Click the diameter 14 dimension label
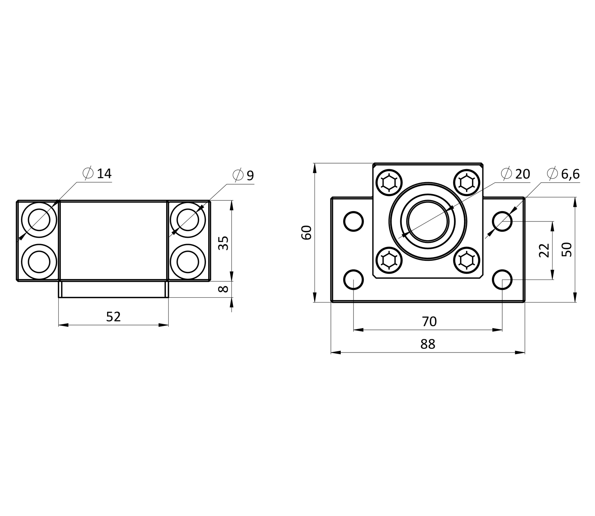click(97, 173)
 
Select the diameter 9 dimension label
click(243, 175)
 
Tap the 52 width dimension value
click(113, 317)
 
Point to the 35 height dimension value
click(223, 243)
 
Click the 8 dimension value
click(223, 289)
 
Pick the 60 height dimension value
click(306, 233)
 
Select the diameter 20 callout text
click(515, 174)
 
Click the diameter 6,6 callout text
click(563, 174)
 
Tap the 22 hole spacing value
click(544, 250)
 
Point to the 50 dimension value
click(567, 250)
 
